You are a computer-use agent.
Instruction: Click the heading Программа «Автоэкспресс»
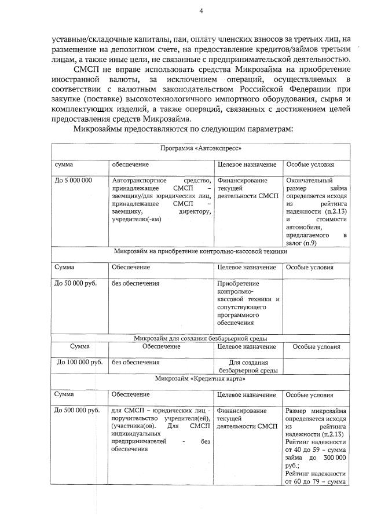click(200, 149)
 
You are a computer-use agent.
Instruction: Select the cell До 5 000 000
click(73, 181)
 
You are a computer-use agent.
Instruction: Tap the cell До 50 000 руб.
click(75, 283)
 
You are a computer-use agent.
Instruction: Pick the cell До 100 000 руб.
click(79, 362)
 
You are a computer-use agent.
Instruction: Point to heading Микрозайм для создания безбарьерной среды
click(200, 338)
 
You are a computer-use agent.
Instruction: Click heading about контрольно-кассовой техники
click(200, 251)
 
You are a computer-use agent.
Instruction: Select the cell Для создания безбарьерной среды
click(248, 366)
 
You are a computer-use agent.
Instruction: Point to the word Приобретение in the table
click(238, 283)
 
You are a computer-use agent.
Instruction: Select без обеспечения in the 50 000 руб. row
click(135, 283)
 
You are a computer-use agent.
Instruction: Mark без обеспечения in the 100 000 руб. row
click(135, 362)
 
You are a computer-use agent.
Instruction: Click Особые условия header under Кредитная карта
click(310, 394)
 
